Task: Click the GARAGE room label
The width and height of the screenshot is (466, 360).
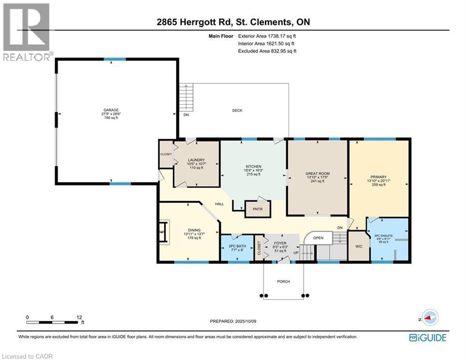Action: click(x=111, y=110)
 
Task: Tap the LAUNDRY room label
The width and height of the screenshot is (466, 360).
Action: click(x=196, y=160)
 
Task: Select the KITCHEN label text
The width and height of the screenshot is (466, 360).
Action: click(x=253, y=166)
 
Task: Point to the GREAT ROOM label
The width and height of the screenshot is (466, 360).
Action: click(x=318, y=173)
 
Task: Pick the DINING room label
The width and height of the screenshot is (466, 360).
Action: click(x=191, y=230)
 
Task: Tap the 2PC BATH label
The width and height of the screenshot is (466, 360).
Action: click(x=237, y=246)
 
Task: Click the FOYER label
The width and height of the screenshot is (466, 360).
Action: click(x=280, y=243)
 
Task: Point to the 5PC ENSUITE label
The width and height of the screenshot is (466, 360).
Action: click(x=384, y=236)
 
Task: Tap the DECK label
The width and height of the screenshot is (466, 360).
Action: click(x=237, y=111)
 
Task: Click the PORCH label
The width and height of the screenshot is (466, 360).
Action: click(x=283, y=281)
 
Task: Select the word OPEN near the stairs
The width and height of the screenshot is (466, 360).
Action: click(x=318, y=238)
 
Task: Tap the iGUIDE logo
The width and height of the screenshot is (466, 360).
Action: click(x=427, y=337)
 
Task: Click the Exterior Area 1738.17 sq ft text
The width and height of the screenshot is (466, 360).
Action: click(x=267, y=36)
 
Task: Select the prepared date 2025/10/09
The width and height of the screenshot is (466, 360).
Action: click(x=249, y=321)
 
